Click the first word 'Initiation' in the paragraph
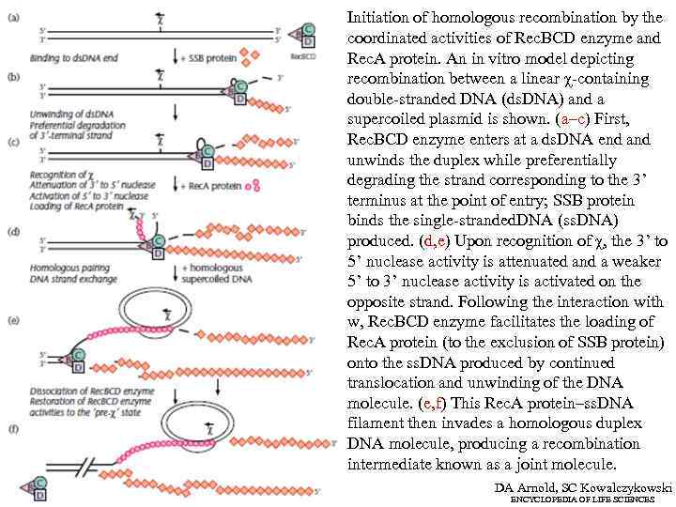click(x=374, y=17)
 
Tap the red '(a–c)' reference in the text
click(x=575, y=118)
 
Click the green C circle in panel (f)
click(x=40, y=481)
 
